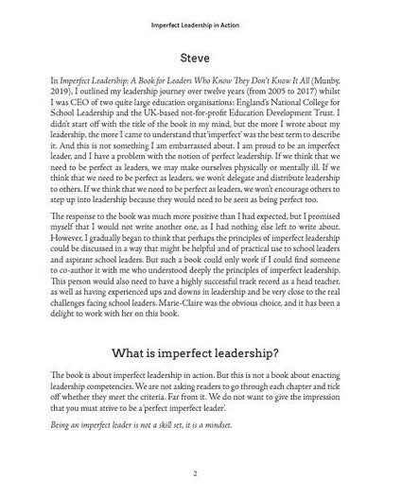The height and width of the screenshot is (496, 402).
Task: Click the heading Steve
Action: coord(200,59)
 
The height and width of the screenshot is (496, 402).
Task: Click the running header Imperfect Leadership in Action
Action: coord(200,13)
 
